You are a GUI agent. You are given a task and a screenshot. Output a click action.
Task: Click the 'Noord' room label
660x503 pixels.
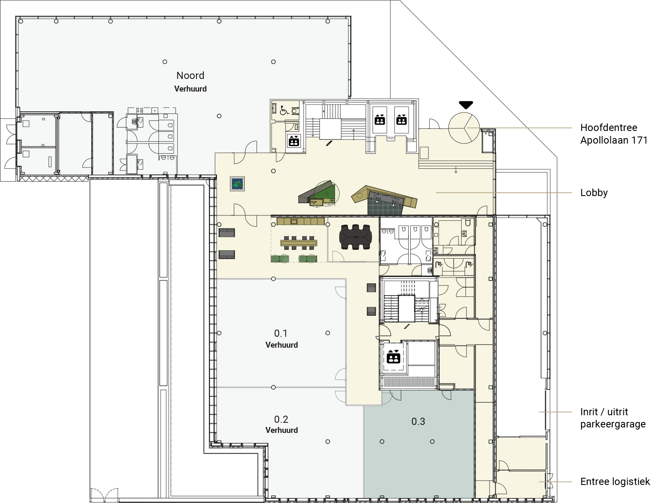click(x=190, y=76)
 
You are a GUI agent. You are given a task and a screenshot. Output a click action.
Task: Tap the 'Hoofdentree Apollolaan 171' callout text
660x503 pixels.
click(x=614, y=134)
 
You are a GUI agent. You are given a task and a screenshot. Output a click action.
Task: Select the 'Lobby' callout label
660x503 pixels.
click(x=594, y=193)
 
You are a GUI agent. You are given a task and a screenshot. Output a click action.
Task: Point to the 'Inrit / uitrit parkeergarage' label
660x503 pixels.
click(x=613, y=418)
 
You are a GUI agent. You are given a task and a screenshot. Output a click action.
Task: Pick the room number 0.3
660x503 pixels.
click(x=418, y=421)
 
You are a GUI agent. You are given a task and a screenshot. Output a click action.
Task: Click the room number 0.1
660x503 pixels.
click(x=280, y=333)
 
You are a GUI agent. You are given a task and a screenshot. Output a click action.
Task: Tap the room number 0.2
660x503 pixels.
click(x=281, y=419)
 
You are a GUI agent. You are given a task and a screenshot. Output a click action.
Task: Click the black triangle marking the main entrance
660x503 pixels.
click(x=466, y=105)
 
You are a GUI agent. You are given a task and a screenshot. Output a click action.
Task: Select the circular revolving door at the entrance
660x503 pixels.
click(x=464, y=128)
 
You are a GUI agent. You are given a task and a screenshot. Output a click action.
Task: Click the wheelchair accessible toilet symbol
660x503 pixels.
click(x=284, y=110)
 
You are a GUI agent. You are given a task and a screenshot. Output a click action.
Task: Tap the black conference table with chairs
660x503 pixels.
click(x=355, y=237)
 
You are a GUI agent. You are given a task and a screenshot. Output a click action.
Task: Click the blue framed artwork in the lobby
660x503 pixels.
click(x=237, y=184)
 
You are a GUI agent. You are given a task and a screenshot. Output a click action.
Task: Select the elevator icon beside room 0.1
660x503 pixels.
click(x=393, y=357)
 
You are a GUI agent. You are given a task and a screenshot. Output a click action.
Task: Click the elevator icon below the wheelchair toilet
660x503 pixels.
click(x=294, y=141)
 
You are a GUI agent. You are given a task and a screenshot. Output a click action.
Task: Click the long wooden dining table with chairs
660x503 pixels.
click(x=298, y=243)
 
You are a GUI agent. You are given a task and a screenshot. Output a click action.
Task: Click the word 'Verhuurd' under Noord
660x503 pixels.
click(x=190, y=89)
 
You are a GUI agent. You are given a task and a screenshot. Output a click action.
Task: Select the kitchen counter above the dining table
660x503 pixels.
click(x=301, y=222)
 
